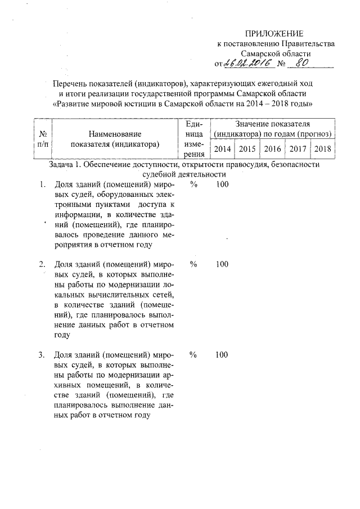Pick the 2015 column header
[247, 149]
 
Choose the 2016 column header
[272, 149]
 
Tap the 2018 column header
[323, 149]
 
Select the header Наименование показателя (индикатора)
[115, 139]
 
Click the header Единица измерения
[193, 139]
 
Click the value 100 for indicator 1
[222, 184]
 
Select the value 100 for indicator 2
[222, 264]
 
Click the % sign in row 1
[193, 184]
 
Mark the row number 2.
[42, 264]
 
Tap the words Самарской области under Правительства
[276, 53]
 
